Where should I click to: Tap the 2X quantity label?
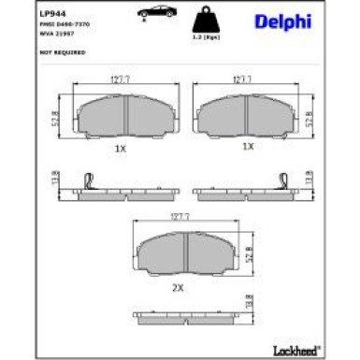click(x=178, y=287)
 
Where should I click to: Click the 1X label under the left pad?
click(x=119, y=147)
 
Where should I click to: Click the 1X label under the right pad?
click(x=248, y=147)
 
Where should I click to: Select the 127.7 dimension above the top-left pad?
click(x=119, y=80)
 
